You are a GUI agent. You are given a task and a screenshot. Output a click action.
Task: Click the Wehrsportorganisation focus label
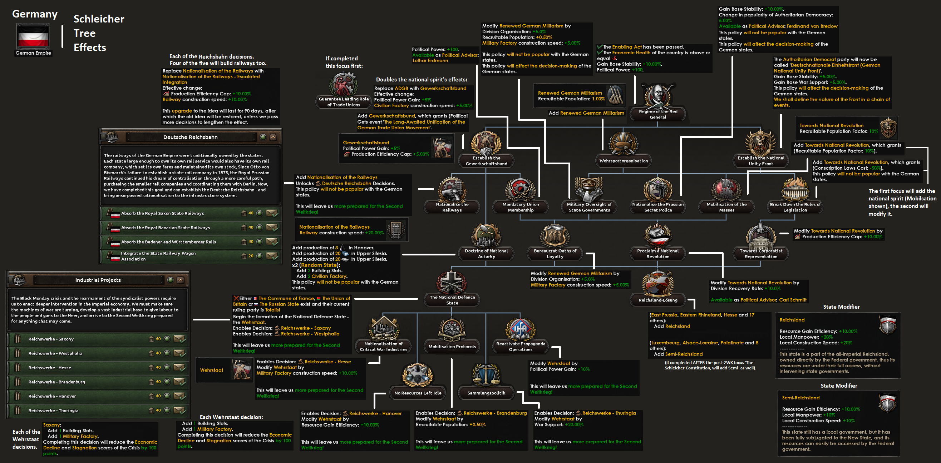tap(624, 161)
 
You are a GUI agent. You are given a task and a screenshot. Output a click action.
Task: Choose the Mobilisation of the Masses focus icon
tap(726, 189)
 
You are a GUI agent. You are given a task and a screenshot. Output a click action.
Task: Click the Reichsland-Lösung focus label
tap(657, 300)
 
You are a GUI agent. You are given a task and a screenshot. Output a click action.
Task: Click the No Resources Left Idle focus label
tap(418, 393)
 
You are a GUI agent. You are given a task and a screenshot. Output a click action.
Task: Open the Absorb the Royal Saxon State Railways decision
tap(162, 213)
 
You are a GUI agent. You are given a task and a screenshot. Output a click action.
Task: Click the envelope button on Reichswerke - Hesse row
tap(179, 367)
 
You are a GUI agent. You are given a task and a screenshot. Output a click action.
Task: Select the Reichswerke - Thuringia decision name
tap(53, 410)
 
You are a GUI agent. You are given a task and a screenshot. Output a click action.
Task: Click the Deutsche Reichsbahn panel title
tap(190, 137)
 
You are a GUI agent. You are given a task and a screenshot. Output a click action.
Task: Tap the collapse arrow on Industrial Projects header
tap(181, 280)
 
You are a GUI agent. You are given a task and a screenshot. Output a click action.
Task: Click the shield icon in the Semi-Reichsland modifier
tap(887, 403)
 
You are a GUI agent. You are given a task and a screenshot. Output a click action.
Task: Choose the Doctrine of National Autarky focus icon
tap(486, 235)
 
